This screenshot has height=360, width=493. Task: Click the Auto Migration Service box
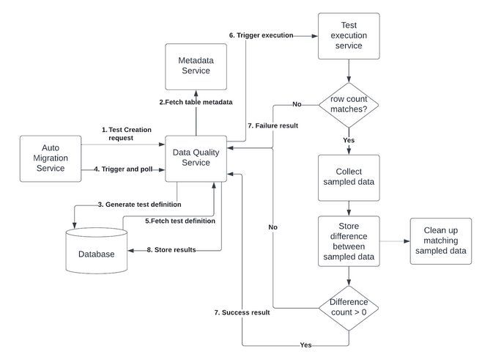[x=51, y=158]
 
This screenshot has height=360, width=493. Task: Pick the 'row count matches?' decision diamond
[x=349, y=104]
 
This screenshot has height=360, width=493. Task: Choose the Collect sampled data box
[x=349, y=177]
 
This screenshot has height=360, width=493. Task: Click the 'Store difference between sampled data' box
[x=349, y=240]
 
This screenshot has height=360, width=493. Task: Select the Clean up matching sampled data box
[x=440, y=240]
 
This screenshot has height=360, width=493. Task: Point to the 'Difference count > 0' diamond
[x=349, y=306]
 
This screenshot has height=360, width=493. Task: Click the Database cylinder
[x=96, y=251]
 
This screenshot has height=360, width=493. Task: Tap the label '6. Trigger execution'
[x=262, y=35]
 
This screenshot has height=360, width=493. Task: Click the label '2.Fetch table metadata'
[x=196, y=102]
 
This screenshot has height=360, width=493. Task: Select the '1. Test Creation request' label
[x=126, y=133]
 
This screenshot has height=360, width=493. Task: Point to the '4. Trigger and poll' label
[x=123, y=169]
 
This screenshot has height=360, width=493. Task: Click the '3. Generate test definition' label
[x=138, y=204]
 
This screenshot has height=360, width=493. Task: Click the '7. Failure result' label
[x=273, y=125]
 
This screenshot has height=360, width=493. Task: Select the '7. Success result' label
[x=241, y=312]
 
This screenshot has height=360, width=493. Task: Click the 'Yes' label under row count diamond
[x=349, y=139]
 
